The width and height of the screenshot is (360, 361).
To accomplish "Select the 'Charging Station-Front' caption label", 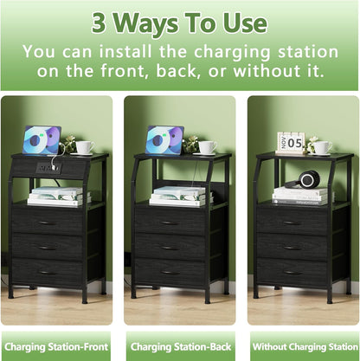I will click(x=55, y=347).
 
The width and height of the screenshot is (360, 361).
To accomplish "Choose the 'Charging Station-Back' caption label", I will click(x=179, y=347).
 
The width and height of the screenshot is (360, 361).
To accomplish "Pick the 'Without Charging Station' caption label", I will click(x=303, y=347).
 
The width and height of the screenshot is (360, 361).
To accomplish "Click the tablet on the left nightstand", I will click(x=42, y=139).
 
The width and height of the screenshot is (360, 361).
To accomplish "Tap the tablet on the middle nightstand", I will click(x=164, y=139).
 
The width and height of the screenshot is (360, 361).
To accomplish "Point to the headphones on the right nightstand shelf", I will click(x=310, y=180).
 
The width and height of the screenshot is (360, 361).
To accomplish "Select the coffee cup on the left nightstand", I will click(x=84, y=147).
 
